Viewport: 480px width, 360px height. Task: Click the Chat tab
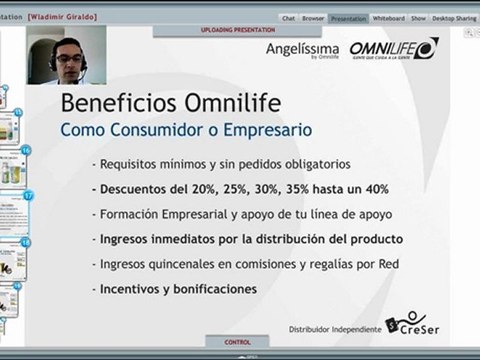point(288,18)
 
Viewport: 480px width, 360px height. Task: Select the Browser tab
point(313,18)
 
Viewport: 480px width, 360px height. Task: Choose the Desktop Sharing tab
point(454,18)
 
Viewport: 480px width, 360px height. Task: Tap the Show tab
point(418,18)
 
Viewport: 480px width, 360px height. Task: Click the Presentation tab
point(348,18)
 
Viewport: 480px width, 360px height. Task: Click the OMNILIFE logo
point(393,48)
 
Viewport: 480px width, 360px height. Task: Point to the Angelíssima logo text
point(304,48)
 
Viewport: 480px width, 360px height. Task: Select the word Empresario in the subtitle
point(268,130)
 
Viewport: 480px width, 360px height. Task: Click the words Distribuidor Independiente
point(335,327)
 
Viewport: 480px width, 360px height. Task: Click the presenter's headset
point(83,62)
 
